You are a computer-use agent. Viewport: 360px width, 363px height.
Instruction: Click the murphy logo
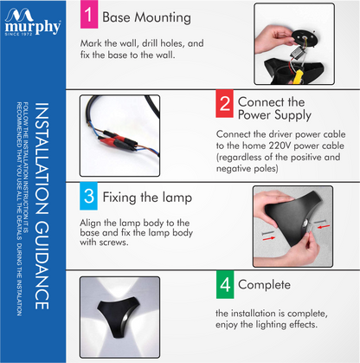(x=33, y=22)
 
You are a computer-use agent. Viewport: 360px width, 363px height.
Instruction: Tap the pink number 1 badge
(x=89, y=14)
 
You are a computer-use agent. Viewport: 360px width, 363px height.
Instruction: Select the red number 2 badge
(x=224, y=104)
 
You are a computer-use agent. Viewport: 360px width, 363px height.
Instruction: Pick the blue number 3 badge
(x=88, y=196)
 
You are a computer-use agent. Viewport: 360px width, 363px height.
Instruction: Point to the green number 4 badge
(x=225, y=285)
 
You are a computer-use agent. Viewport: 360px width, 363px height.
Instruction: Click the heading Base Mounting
(x=146, y=17)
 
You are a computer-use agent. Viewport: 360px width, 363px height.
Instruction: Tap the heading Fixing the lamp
(x=147, y=198)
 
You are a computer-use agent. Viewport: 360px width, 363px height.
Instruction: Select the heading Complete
(x=264, y=285)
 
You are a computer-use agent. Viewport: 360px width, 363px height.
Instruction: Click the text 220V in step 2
(x=279, y=146)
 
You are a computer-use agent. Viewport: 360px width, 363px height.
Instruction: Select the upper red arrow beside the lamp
(x=324, y=226)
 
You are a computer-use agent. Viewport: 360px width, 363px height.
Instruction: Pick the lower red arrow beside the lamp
(x=269, y=238)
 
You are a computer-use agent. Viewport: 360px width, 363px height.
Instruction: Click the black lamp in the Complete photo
(x=119, y=315)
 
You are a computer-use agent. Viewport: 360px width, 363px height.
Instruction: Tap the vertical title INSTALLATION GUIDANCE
(x=42, y=206)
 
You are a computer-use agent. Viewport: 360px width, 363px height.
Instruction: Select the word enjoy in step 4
(x=227, y=325)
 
